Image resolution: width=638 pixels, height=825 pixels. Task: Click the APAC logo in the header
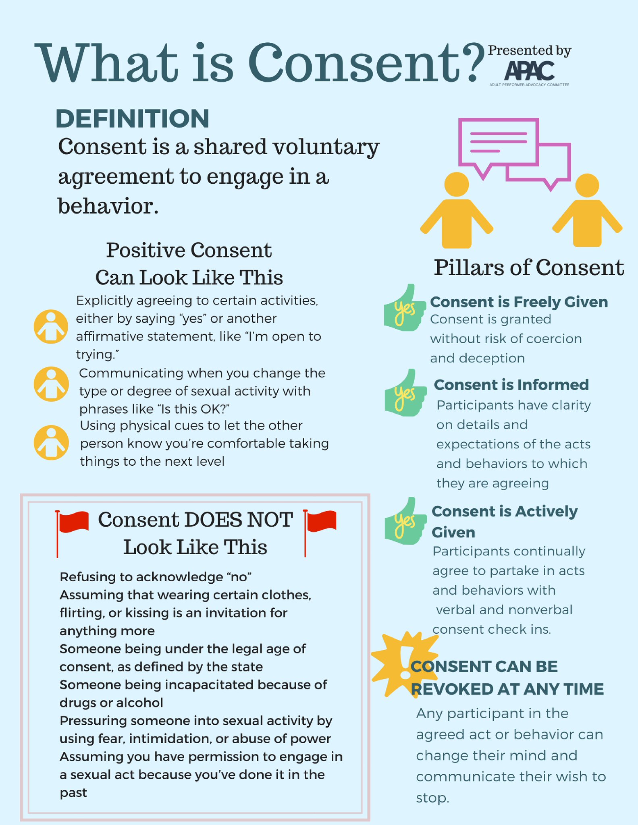pos(529,71)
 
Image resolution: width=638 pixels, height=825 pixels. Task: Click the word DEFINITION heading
pos(132,119)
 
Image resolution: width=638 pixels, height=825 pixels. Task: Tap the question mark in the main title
pos(472,62)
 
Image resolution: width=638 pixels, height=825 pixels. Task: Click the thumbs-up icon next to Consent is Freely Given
pos(405,309)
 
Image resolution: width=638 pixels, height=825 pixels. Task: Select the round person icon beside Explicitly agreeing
pos(51,327)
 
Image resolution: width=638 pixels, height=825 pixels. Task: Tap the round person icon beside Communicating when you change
pos(51,384)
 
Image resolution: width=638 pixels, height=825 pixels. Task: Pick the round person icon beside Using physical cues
pos(51,442)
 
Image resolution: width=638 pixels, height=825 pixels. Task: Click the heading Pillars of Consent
pos(529,267)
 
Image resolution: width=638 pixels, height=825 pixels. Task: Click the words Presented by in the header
pos(529,50)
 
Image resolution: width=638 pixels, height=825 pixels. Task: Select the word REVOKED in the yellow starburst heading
pos(451,689)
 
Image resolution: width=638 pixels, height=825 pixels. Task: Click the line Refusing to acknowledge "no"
pos(156,577)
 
